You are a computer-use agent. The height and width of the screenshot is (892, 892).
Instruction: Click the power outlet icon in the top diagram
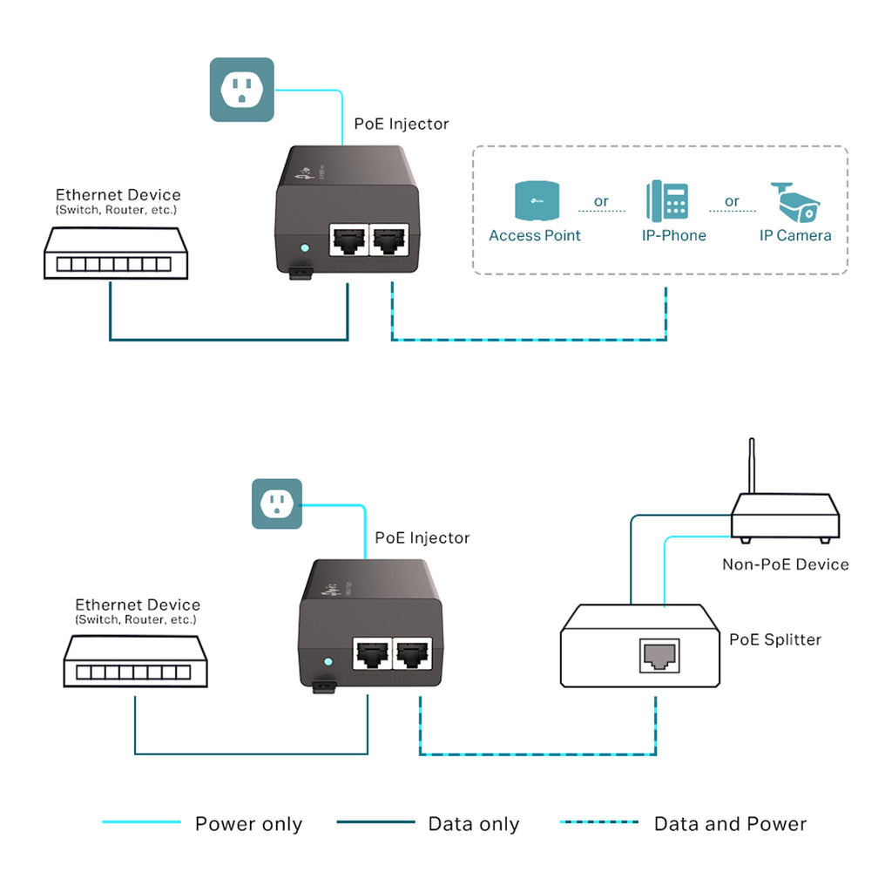(241, 89)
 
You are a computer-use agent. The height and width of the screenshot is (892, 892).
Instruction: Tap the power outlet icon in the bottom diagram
(277, 503)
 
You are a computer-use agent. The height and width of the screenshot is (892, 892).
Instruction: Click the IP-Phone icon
(666, 202)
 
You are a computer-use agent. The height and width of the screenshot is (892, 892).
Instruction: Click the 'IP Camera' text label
(795, 235)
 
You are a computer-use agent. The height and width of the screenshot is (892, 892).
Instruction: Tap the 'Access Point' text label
(534, 235)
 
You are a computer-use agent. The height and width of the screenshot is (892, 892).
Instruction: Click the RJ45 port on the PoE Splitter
(656, 654)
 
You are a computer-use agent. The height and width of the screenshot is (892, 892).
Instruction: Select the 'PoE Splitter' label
(774, 639)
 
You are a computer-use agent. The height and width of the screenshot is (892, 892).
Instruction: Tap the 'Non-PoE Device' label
(785, 564)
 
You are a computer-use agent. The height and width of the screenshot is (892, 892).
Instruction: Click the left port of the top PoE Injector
(348, 238)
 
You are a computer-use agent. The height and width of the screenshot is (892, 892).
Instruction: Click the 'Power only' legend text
(248, 824)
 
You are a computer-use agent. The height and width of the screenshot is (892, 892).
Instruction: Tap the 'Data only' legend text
(473, 824)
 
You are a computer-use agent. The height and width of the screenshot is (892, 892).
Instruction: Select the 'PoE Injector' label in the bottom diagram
(422, 537)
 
